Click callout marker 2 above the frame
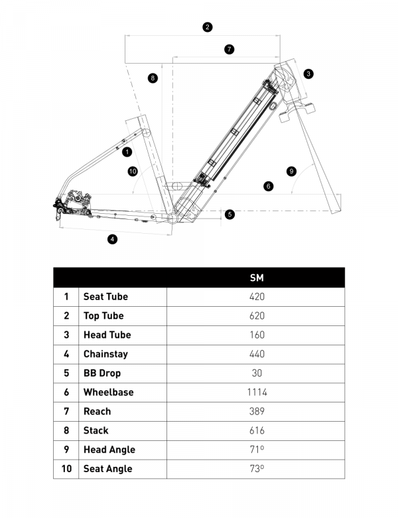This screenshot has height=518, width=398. (208, 27)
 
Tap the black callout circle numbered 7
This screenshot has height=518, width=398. (229, 49)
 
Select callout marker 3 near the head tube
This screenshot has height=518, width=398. (308, 74)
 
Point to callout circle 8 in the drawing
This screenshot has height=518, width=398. (153, 78)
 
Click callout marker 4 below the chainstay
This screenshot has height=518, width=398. (113, 239)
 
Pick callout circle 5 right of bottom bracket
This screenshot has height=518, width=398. (230, 214)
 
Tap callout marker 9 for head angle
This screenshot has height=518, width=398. (291, 171)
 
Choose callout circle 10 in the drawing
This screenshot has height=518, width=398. (132, 171)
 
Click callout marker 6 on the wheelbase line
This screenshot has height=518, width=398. (268, 186)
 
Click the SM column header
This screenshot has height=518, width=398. (257, 278)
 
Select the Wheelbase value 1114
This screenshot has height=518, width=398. (257, 392)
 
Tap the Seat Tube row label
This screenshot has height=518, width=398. (105, 297)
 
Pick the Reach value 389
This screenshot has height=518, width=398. (257, 411)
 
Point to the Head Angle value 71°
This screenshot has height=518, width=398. (257, 450)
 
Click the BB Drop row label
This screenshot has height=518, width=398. (101, 373)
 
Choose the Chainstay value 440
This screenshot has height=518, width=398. (257, 354)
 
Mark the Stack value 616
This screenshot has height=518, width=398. (257, 430)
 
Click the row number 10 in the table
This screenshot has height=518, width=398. (66, 469)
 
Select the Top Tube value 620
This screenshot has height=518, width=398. (257, 315)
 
